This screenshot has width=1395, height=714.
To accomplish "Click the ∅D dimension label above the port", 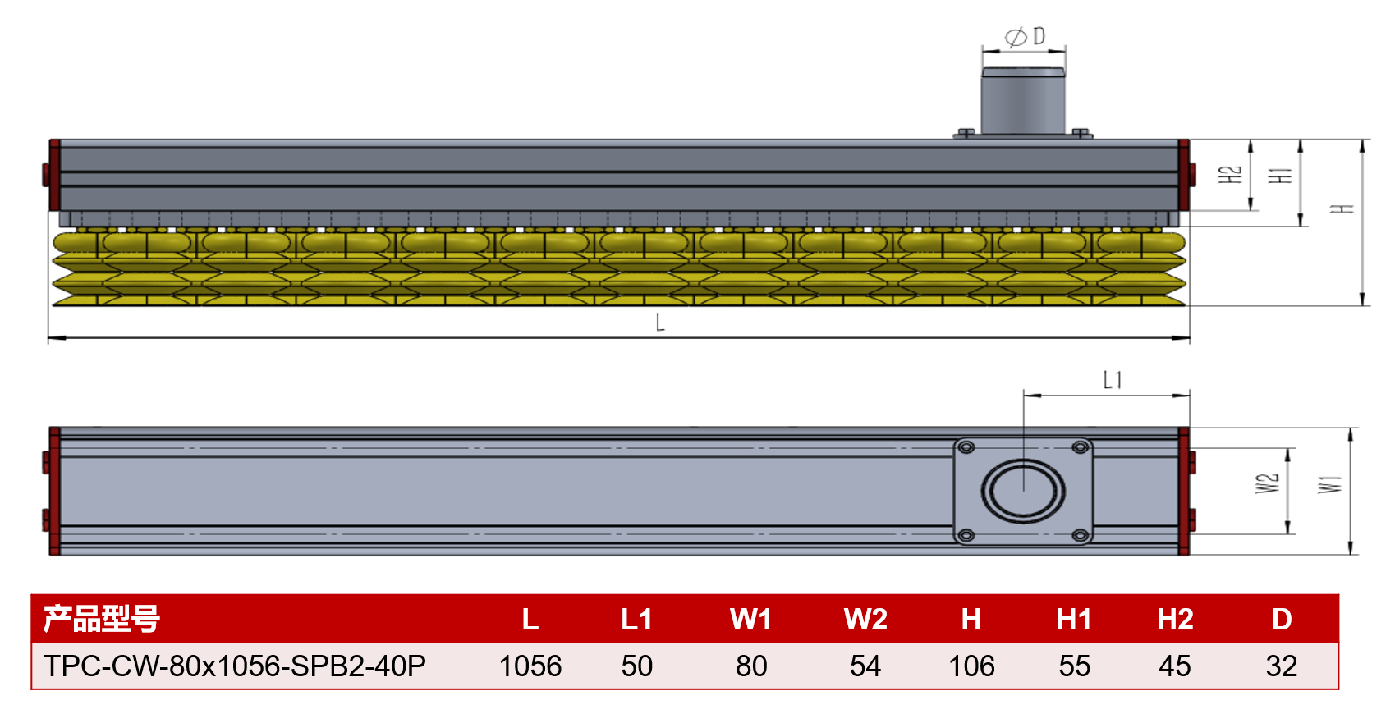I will (1026, 37).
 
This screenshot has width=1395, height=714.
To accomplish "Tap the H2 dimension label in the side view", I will (1230, 175).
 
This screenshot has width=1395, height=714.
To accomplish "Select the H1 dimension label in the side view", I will (1280, 176).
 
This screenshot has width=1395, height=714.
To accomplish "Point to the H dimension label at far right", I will (1342, 209).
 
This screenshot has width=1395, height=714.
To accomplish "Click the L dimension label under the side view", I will (660, 323).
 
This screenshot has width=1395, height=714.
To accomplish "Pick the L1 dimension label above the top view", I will (1113, 380).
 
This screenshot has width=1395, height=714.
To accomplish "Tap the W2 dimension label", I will (1267, 483).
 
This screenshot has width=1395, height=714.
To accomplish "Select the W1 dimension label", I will (1330, 484).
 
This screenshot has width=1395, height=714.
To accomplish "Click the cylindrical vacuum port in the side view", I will (1023, 102).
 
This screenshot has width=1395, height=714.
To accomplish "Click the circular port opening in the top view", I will (1023, 491).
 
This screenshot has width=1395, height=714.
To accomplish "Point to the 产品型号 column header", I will (102, 619).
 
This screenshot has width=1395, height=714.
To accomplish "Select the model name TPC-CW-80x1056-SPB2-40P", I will (235, 666).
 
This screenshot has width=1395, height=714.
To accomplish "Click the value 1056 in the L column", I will (530, 666).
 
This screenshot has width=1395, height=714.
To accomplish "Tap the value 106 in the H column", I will (971, 666).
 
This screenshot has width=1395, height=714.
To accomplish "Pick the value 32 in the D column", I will (1281, 666).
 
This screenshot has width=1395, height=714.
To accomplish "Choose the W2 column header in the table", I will (865, 619).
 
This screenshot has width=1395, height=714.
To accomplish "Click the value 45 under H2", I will (1175, 666).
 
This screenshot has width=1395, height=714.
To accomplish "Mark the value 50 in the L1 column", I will (637, 666).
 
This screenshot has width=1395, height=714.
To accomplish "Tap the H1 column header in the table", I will (1074, 619).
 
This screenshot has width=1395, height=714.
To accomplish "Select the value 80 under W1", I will (751, 666).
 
